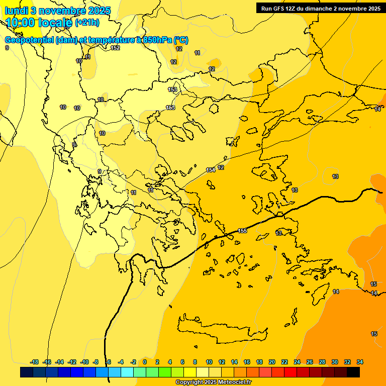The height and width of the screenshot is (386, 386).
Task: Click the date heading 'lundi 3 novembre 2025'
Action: click(57, 11)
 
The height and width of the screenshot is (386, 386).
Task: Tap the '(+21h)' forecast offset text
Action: click(87, 22)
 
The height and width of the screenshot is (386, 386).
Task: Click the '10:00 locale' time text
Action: click(39, 23)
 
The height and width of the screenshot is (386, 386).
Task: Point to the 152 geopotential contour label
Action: click(115, 48)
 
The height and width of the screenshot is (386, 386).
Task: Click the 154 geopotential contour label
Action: click(211, 170)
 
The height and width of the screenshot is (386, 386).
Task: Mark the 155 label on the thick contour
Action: click(242, 231)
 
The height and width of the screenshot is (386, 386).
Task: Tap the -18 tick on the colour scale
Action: click(34, 362)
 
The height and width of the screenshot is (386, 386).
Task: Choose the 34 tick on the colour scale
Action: click(360, 362)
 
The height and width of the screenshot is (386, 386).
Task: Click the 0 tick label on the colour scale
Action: click(145, 362)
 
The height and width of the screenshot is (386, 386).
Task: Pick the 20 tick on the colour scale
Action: click(272, 362)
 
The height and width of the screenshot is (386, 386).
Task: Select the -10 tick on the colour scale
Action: click(84, 362)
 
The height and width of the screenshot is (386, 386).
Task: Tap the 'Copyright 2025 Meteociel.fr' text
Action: click(213, 382)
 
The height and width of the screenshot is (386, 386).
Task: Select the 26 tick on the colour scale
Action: click(310, 362)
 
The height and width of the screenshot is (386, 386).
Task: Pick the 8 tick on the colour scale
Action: click(195, 362)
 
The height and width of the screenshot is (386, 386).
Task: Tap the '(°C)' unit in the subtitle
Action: click(181, 40)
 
